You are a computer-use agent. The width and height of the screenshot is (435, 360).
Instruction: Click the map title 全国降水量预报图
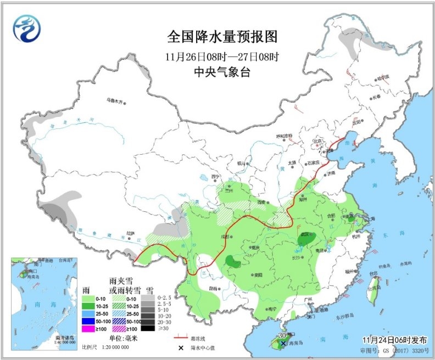(222, 37)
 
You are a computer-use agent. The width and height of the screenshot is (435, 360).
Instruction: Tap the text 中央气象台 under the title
(222, 72)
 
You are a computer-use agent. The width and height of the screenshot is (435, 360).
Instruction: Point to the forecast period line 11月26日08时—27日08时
(222, 57)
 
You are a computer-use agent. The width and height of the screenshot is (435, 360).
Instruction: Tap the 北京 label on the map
(316, 141)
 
